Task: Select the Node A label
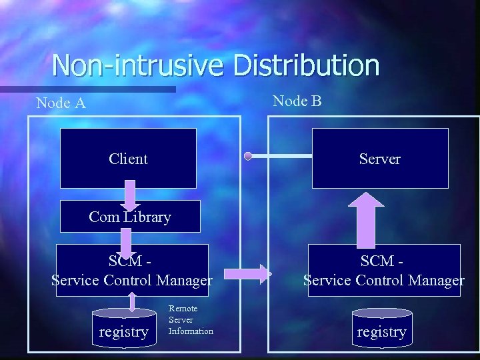[x=61, y=103]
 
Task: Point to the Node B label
[x=297, y=101]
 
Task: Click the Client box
[x=128, y=159]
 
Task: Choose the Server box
[x=380, y=159]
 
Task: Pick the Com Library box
[x=130, y=217]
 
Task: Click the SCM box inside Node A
[x=132, y=271]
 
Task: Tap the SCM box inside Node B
[x=384, y=271]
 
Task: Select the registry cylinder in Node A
[x=123, y=328]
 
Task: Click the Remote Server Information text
[x=191, y=320]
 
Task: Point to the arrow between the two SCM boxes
[x=248, y=273]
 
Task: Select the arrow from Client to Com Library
[x=129, y=195]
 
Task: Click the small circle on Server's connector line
[x=247, y=157]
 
